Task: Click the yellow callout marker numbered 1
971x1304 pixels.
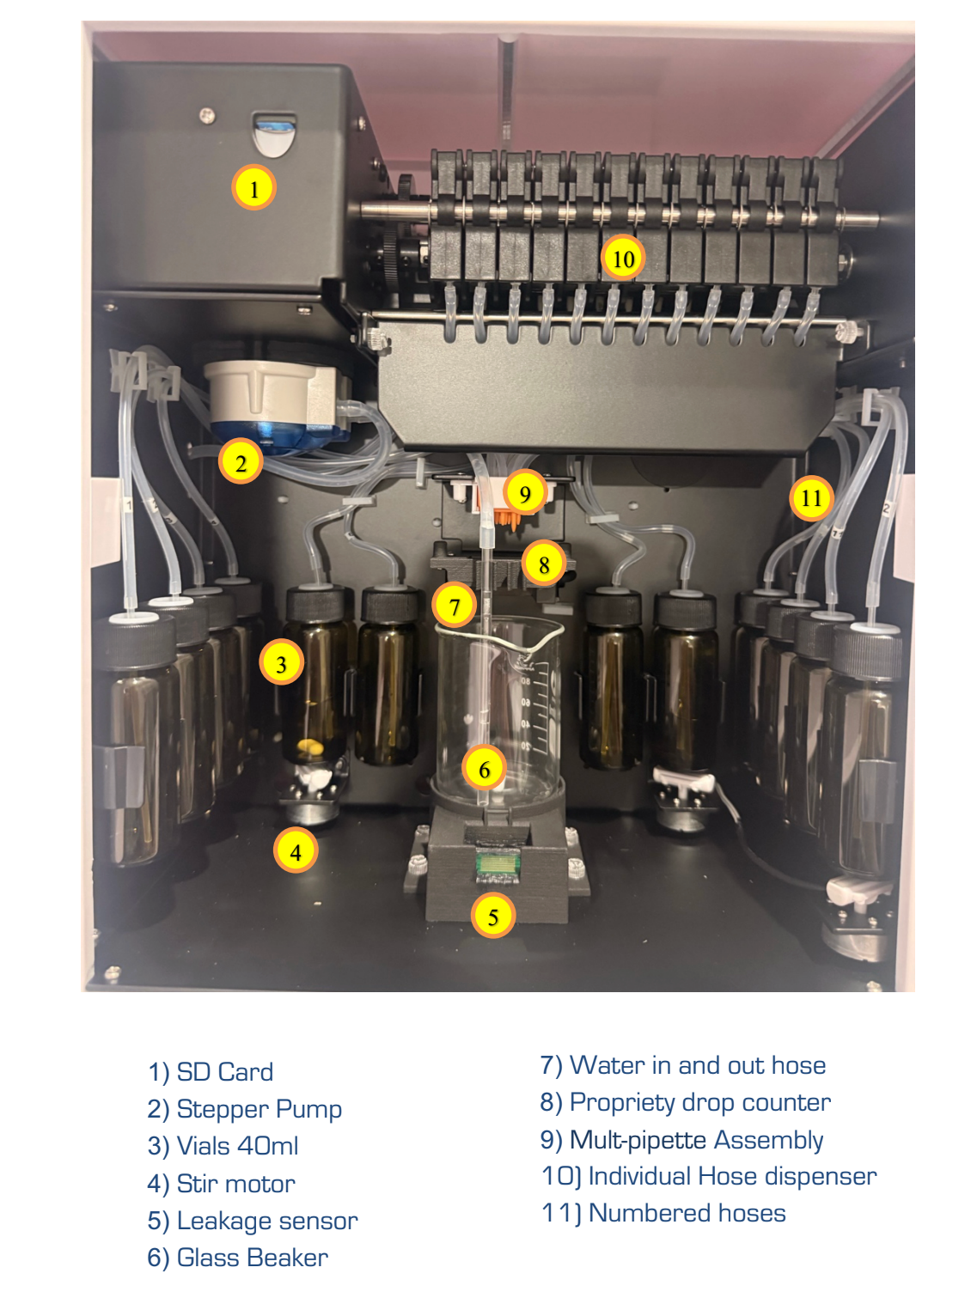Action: tap(253, 187)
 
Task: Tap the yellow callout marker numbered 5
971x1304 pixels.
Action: tap(493, 916)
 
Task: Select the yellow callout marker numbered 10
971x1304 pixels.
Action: tap(623, 258)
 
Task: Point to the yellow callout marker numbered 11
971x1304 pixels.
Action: tap(811, 497)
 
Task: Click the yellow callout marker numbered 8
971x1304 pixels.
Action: tap(543, 564)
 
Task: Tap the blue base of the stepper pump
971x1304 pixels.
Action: tap(277, 435)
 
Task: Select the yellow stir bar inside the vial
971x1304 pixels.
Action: tap(310, 746)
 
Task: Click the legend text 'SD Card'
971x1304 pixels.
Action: tap(224, 1072)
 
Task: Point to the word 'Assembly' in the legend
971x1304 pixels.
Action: tap(769, 1139)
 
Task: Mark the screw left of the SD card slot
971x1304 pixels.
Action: tap(206, 115)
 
